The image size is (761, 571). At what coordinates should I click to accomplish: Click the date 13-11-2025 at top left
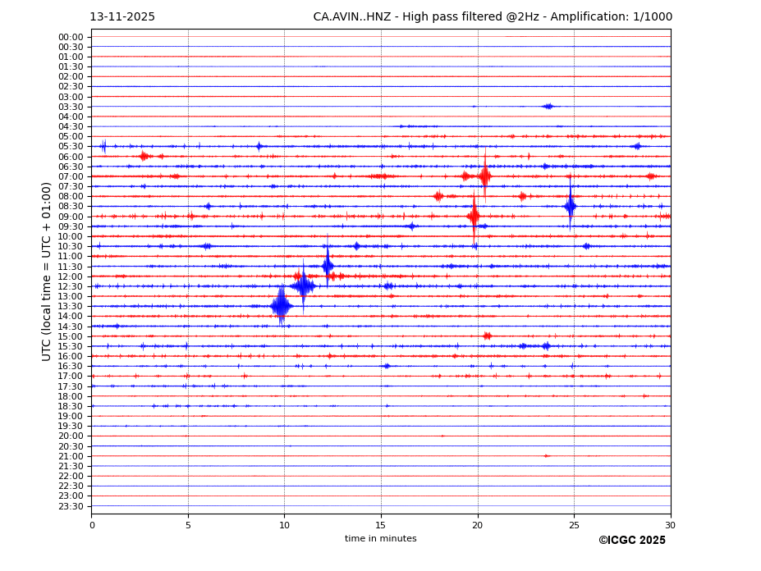point(122,17)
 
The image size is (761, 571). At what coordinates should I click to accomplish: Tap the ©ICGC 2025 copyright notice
point(631,541)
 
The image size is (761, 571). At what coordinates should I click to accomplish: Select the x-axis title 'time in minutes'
point(380,539)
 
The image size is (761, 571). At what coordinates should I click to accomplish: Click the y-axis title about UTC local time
point(47,272)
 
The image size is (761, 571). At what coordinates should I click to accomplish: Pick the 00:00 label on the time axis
point(71,37)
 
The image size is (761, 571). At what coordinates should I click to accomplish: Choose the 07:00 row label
point(71,176)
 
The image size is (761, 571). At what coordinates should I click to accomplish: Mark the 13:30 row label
point(71,306)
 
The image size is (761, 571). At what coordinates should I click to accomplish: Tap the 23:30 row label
point(71,506)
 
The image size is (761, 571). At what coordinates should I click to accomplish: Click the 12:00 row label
point(71,276)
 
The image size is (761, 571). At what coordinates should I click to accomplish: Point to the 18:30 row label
point(71,406)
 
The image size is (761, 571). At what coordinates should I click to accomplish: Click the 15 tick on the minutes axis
point(381,525)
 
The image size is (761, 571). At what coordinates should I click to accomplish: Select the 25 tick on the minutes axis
point(574,525)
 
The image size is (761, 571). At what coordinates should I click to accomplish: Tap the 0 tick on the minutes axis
point(92,525)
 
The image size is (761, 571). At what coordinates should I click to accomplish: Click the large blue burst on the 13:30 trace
point(281,306)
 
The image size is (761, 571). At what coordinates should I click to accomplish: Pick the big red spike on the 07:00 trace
point(484,176)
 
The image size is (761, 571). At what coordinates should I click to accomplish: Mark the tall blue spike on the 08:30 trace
point(570,206)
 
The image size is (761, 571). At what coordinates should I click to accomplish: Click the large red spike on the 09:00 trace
point(474,217)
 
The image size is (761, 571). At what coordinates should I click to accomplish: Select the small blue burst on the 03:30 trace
point(548,106)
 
